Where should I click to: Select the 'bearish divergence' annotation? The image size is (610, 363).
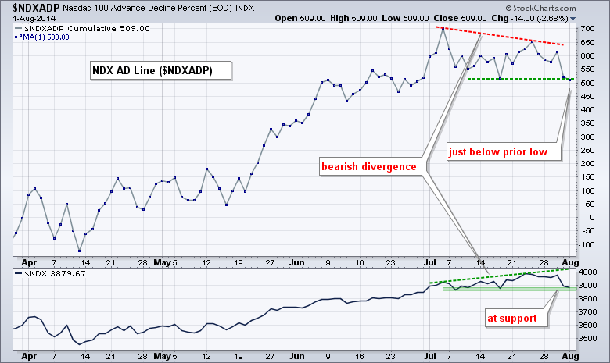371,167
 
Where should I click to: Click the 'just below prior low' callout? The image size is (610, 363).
504,151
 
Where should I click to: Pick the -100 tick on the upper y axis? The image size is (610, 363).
586,245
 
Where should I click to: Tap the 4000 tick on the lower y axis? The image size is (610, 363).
589,272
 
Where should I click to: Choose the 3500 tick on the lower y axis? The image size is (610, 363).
589,339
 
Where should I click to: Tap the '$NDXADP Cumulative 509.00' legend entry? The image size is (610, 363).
94,29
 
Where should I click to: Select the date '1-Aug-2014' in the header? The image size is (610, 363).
29,16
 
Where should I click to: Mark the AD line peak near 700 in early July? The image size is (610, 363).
442,29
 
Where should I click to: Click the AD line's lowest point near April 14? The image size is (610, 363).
80,251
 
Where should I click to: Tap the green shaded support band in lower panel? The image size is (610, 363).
501,289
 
